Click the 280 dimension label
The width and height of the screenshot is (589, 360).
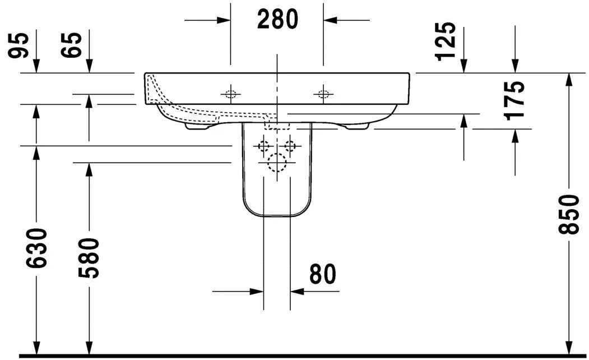pyautogui.click(x=277, y=20)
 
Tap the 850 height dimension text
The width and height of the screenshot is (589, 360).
pyautogui.click(x=571, y=214)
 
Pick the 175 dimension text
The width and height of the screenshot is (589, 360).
pyautogui.click(x=515, y=100)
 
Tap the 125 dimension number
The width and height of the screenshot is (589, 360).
pyautogui.click(x=446, y=41)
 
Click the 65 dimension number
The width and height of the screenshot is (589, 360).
pyautogui.click(x=73, y=45)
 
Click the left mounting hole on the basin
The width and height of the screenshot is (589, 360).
pyautogui.click(x=230, y=94)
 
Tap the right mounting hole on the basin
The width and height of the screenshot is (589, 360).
pyautogui.click(x=323, y=94)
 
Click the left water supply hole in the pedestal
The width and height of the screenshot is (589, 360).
pyautogui.click(x=263, y=146)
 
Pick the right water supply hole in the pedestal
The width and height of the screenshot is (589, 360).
pyautogui.click(x=290, y=146)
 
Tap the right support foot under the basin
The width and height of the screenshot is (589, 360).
pyautogui.click(x=357, y=127)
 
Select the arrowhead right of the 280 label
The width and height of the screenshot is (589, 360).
pyautogui.click(x=330, y=20)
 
